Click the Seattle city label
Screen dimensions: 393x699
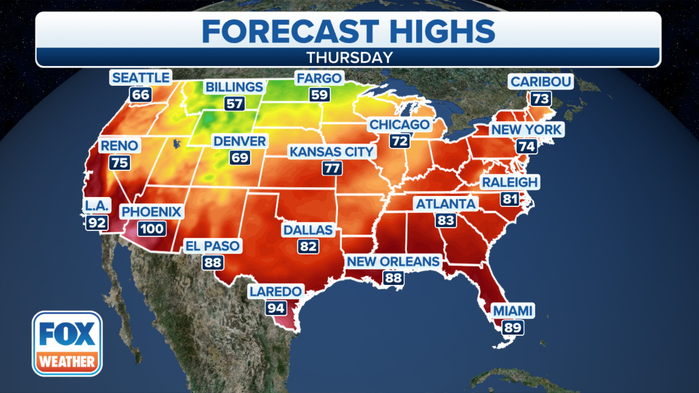click(x=141, y=78)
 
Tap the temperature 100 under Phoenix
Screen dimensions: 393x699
click(x=152, y=229)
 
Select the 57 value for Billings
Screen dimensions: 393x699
click(x=234, y=104)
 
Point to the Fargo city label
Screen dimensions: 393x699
click(x=319, y=78)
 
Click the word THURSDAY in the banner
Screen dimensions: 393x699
click(x=349, y=57)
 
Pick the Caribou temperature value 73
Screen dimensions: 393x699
click(x=541, y=99)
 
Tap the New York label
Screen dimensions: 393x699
click(x=526, y=129)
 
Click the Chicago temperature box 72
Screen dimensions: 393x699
click(x=400, y=141)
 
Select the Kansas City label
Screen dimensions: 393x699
click(x=332, y=151)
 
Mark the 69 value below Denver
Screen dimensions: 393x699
click(x=240, y=158)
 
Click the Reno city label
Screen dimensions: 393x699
click(x=119, y=146)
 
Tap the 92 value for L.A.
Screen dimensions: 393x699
click(x=97, y=222)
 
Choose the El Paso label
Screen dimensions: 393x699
click(x=213, y=246)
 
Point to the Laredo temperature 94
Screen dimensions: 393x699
click(x=276, y=308)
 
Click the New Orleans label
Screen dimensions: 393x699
click(x=393, y=261)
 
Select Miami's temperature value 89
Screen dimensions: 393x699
click(x=513, y=327)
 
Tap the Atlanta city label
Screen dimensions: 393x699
click(x=446, y=204)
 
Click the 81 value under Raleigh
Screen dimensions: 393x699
click(x=510, y=199)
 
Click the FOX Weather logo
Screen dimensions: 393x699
click(x=67, y=344)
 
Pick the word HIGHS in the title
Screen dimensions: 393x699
click(x=442, y=31)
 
